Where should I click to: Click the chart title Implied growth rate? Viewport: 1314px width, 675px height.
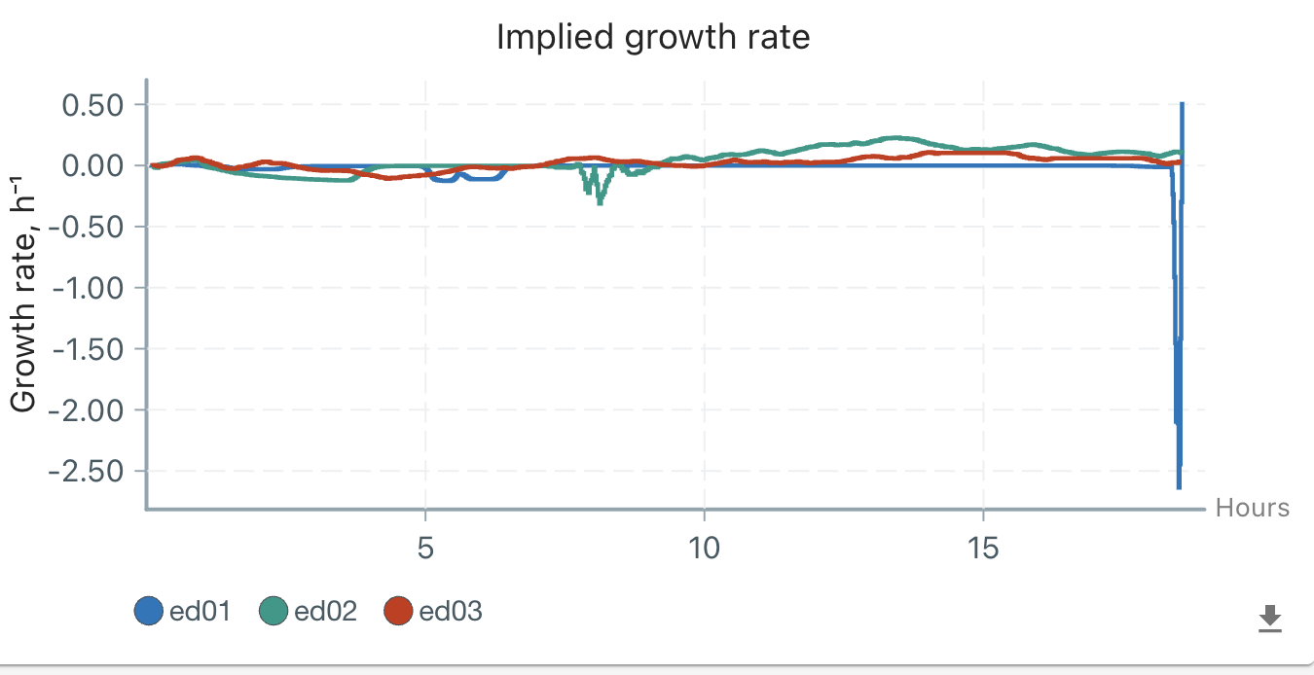(x=653, y=37)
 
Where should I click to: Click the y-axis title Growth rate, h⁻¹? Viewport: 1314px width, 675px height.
(x=24, y=292)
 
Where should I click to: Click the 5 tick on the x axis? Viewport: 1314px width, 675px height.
(x=425, y=550)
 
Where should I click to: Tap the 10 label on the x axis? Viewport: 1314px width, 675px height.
(x=704, y=550)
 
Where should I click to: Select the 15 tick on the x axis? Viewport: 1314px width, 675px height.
(x=983, y=550)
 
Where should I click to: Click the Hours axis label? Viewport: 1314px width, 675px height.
(x=1252, y=508)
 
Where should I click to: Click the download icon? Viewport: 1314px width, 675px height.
(x=1269, y=618)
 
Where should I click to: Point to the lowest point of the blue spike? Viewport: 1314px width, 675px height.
(x=1179, y=487)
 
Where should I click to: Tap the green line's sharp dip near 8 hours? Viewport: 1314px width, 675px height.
(x=601, y=202)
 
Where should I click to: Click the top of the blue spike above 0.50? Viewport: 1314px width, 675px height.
(x=1182, y=103)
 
